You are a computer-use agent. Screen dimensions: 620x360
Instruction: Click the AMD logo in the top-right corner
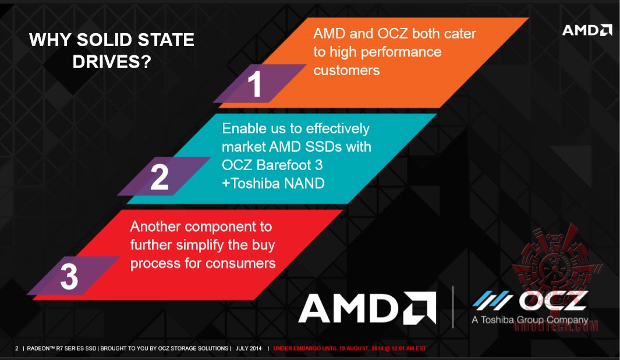coord(587,30)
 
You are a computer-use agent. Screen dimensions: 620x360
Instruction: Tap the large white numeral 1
coord(255,84)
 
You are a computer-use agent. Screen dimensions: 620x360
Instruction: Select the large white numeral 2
coord(160,177)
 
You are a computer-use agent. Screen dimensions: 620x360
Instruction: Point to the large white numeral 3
coord(69,276)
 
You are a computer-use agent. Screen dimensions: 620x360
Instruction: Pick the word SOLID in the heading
coord(104,40)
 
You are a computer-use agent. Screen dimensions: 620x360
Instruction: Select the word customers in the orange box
coord(346,70)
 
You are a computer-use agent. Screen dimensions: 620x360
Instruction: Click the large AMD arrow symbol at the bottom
coord(420,308)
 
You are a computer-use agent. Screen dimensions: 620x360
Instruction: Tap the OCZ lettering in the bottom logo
coord(554,301)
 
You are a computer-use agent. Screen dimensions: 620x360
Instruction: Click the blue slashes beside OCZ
coord(493,300)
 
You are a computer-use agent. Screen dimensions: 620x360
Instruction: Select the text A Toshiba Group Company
coord(530,320)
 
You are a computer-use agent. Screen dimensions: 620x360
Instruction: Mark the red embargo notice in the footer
coord(349,348)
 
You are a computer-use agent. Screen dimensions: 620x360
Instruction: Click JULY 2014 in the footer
coord(249,348)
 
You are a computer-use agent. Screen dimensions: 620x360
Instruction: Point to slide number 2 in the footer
coord(17,348)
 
